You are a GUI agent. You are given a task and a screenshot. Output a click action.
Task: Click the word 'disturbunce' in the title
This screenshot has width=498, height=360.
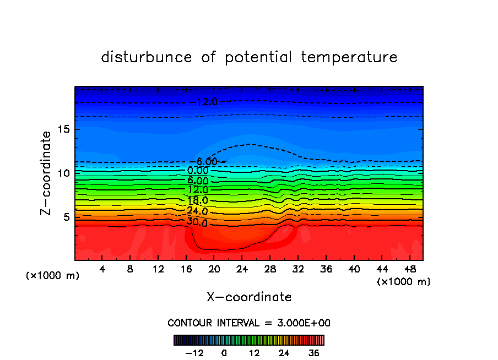[147, 57]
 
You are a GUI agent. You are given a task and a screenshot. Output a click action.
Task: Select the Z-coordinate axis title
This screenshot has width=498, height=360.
[46, 173]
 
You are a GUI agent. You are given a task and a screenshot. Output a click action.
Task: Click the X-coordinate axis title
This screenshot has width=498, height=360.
[249, 297]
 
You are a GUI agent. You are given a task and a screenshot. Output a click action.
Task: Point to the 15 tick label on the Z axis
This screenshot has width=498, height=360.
[63, 129]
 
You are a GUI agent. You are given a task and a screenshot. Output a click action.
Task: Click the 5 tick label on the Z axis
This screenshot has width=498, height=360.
[66, 217]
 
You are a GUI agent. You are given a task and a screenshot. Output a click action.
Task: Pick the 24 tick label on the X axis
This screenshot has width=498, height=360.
[241, 269]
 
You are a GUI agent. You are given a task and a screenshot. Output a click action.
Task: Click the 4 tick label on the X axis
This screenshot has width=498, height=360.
[102, 269]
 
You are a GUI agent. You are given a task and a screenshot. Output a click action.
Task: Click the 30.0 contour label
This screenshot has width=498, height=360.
[197, 222]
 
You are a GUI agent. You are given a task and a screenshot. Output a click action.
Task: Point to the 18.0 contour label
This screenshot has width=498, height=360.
[197, 200]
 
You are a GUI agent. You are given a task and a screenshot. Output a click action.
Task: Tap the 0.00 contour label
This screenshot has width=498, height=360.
[197, 171]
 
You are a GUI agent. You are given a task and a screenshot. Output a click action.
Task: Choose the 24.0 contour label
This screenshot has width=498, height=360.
[197, 211]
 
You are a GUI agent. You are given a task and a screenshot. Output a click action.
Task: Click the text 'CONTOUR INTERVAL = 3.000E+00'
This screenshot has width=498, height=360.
[249, 323]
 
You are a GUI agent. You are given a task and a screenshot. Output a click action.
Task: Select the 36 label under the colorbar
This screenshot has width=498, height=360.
[314, 353]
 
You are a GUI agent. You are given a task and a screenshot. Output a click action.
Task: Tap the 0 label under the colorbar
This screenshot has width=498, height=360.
[224, 353]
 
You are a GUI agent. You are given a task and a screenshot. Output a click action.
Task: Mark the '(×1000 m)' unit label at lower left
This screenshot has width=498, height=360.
[53, 276]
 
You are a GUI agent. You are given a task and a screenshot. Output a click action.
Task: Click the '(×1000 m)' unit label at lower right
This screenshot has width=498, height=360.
[404, 282]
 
